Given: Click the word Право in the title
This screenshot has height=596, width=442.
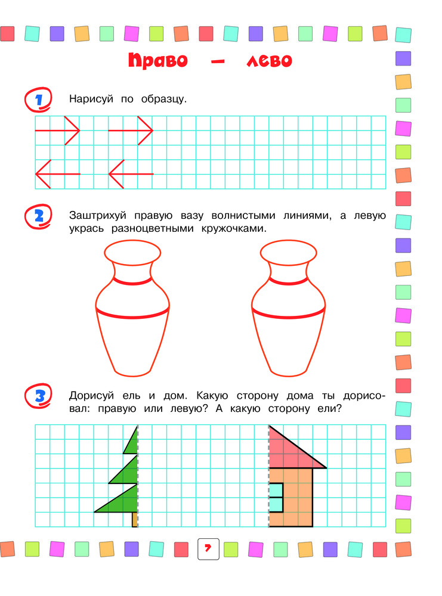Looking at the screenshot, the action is pos(158,60).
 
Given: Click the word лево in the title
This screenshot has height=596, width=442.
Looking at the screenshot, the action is pos(269,60).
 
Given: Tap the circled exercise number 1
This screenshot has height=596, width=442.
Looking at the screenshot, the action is pos(38,100).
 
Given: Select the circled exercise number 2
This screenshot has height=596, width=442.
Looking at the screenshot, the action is pos(38,217).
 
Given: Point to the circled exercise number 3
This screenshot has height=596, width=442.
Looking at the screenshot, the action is pos(38,396).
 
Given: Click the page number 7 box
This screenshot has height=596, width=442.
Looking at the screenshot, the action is pos(208,549).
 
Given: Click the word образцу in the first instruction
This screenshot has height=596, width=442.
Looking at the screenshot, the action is pos(164,99).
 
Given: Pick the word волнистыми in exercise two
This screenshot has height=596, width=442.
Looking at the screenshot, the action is pos(243,216).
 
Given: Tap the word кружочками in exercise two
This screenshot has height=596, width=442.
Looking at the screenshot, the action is pos(234,229).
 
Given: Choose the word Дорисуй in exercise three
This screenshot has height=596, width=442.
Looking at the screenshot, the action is pos(91,396).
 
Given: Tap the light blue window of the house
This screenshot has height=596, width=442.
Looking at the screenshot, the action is pos(276,498).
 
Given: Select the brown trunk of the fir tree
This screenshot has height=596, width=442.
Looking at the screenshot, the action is pos(135,519).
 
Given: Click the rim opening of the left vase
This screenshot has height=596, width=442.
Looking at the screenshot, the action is pos(132,252).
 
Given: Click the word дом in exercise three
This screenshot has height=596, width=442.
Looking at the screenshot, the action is pos(175,396).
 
